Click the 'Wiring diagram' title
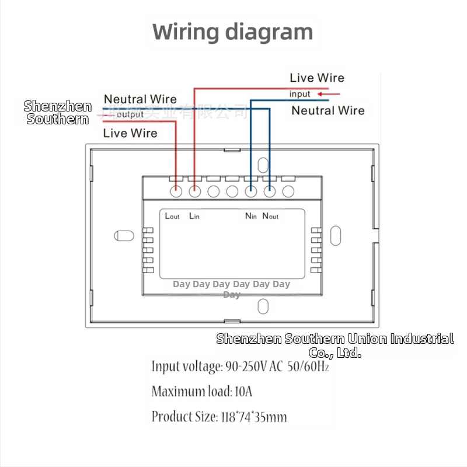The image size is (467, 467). pyautogui.click(x=233, y=32)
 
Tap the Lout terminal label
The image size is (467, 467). pyautogui.click(x=172, y=216)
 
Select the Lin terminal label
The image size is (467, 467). pyautogui.click(x=194, y=216)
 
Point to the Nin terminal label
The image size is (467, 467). pyautogui.click(x=251, y=216)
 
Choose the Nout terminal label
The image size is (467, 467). pyautogui.click(x=270, y=216)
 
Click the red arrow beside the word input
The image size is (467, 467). pyautogui.click(x=328, y=93)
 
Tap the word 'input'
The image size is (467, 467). pyautogui.click(x=300, y=94)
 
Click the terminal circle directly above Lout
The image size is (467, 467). pyautogui.click(x=176, y=191)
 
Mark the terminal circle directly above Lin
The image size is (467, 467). pyautogui.click(x=195, y=191)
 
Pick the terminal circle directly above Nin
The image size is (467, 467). pyautogui.click(x=251, y=191)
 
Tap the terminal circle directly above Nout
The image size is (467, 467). pyautogui.click(x=270, y=191)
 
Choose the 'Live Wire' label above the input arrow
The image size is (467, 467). pyautogui.click(x=317, y=78)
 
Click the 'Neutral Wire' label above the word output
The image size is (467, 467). pyautogui.click(x=140, y=99)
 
